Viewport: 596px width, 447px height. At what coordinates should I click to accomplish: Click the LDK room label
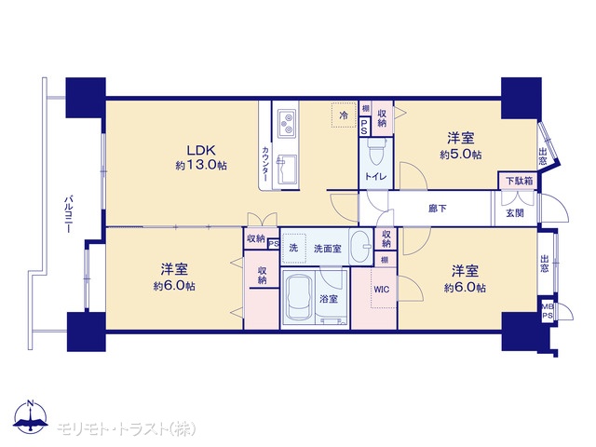(x=201, y=150)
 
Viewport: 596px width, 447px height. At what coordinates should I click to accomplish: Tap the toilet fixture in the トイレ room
(x=376, y=151)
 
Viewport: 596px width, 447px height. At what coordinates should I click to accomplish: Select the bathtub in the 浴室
(x=299, y=298)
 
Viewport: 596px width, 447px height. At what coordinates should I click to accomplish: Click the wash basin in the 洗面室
(x=360, y=246)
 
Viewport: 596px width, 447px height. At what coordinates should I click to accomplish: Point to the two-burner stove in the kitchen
(x=287, y=124)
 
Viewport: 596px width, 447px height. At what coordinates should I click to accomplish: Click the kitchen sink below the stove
(x=287, y=169)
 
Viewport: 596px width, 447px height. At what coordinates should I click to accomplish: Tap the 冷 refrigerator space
(x=344, y=115)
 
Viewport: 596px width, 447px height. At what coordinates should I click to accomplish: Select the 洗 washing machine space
(x=294, y=249)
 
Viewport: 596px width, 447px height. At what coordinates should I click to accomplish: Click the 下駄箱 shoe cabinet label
(x=519, y=181)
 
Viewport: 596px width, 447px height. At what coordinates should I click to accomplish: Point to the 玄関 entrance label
(x=515, y=213)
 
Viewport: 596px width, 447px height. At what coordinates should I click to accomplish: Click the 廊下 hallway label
(x=438, y=209)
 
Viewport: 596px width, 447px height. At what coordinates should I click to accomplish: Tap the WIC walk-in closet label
(x=381, y=290)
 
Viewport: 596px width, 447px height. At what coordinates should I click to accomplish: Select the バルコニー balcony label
(x=68, y=213)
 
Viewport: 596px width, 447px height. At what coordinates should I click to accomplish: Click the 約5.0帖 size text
(x=461, y=155)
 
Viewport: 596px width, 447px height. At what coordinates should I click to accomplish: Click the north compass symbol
(x=31, y=417)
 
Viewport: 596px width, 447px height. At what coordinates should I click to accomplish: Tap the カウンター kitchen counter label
(x=265, y=164)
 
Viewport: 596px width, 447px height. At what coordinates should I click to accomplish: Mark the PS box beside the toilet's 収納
(x=364, y=127)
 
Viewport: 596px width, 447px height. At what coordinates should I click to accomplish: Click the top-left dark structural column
(x=86, y=97)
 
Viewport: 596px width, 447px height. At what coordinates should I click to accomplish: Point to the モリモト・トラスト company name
(x=127, y=428)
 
